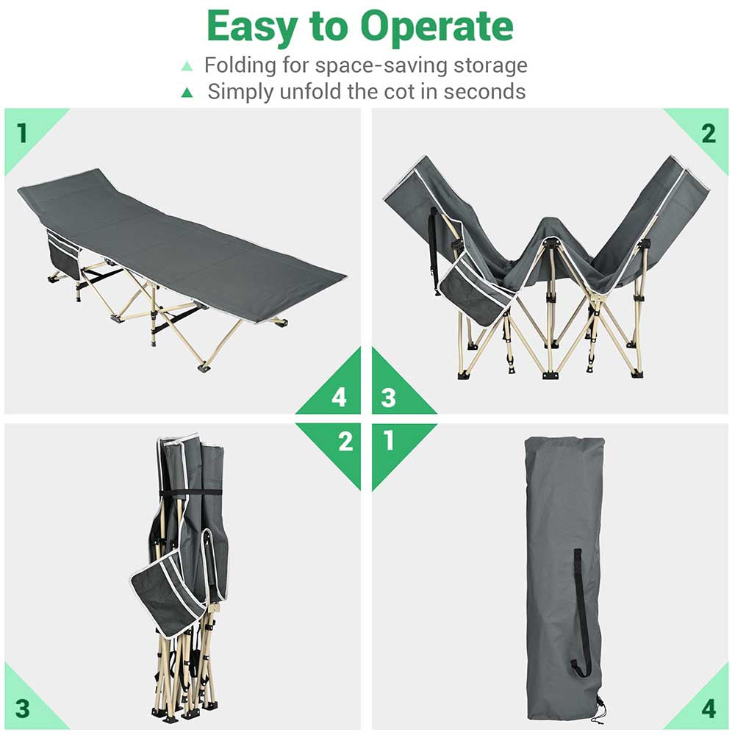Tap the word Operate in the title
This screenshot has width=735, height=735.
(x=437, y=27)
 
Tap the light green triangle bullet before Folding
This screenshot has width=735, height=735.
(x=187, y=66)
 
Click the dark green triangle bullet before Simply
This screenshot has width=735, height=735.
(x=187, y=93)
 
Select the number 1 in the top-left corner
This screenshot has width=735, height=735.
(x=22, y=134)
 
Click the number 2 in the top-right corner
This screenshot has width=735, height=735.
(x=708, y=134)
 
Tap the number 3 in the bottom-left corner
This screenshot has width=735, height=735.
(x=22, y=709)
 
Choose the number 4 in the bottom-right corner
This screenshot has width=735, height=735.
(x=708, y=709)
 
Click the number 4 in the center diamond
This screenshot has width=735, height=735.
(x=339, y=398)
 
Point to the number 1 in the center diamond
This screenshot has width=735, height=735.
(x=389, y=441)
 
